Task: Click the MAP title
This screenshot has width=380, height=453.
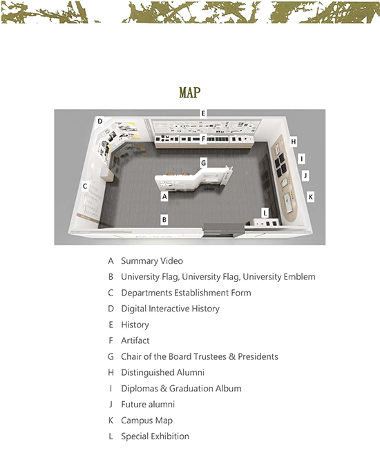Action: tap(189, 93)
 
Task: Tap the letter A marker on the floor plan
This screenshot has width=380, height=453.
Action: tap(164, 196)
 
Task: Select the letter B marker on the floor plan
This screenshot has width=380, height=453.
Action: tap(164, 220)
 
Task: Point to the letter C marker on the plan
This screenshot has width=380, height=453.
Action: tap(85, 186)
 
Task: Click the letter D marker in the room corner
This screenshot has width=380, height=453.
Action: tap(100, 121)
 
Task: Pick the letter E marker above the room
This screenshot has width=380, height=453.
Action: tap(203, 113)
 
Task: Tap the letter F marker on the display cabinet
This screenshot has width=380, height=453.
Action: tap(203, 139)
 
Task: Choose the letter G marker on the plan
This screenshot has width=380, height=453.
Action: tap(203, 163)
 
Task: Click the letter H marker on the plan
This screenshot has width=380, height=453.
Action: tap(294, 142)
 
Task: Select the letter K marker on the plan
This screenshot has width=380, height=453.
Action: tap(311, 197)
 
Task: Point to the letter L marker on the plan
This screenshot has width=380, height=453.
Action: tap(265, 213)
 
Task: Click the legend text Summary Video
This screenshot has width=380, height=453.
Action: tap(152, 261)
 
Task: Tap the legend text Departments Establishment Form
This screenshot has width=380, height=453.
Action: tap(186, 293)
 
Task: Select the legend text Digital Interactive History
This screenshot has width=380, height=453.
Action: tap(170, 309)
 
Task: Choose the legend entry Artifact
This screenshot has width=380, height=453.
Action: tap(135, 340)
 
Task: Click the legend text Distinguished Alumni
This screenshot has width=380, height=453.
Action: tap(162, 373)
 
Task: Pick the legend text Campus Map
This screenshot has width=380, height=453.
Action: tap(146, 421)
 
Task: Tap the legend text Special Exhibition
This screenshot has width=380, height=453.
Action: tap(155, 436)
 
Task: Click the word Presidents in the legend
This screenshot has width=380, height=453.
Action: tap(258, 356)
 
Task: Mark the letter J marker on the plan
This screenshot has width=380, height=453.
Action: tap(305, 175)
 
